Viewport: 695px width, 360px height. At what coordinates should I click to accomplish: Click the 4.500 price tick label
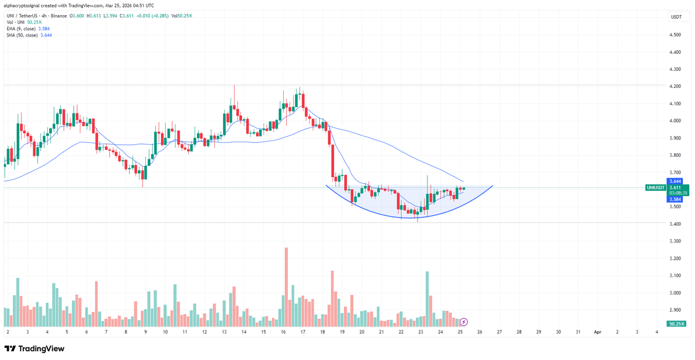(x=675, y=35)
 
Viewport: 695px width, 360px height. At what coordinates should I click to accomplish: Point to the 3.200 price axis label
(x=675, y=258)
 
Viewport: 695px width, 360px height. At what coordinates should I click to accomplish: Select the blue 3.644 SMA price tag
(x=675, y=181)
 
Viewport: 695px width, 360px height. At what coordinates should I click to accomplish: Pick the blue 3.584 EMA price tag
(x=675, y=199)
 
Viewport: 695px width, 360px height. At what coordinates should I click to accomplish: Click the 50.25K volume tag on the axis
(x=676, y=324)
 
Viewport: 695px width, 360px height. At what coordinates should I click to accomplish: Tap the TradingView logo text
(x=41, y=348)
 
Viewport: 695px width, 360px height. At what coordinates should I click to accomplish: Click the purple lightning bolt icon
(x=464, y=322)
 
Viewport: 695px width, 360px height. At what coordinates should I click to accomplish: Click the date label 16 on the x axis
(x=283, y=332)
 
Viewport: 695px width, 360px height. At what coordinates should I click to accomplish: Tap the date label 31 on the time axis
(x=577, y=332)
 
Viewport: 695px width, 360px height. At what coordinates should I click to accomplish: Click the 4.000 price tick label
(x=675, y=121)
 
